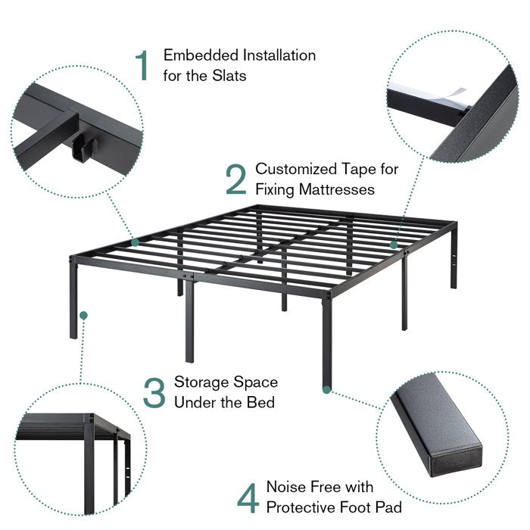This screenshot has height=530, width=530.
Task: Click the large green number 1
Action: [x=143, y=65]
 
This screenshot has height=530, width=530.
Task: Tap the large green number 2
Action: [x=236, y=179]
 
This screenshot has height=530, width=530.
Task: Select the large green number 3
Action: [x=154, y=392]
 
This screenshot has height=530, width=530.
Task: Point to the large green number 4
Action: [x=248, y=498]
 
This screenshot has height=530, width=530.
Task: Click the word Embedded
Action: [x=201, y=55]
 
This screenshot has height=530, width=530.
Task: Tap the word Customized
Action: [x=296, y=169]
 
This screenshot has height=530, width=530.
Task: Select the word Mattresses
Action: [x=337, y=189]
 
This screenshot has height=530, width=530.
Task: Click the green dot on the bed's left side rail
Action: [x=136, y=242]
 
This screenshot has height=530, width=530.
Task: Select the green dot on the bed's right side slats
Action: [x=394, y=245]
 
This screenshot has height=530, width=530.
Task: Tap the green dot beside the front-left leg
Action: [x=83, y=316]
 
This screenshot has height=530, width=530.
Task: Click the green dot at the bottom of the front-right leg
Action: [x=326, y=390]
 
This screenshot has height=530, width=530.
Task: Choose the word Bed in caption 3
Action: [x=260, y=403]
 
